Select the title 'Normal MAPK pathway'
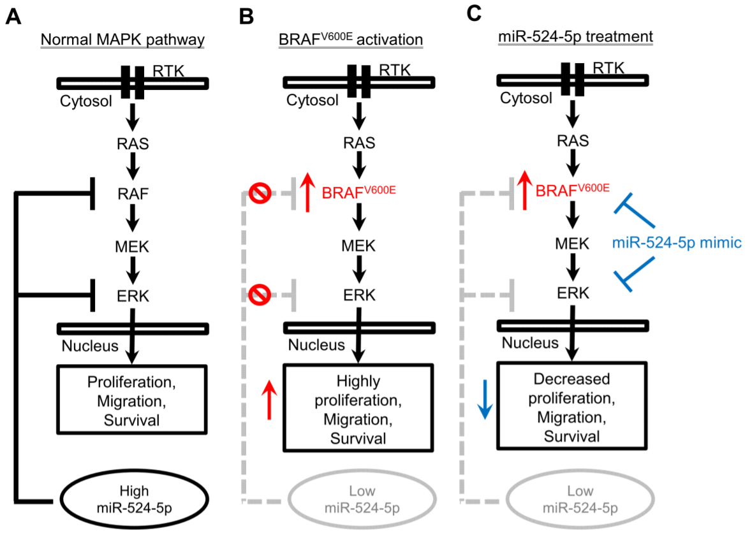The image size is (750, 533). (x=122, y=40)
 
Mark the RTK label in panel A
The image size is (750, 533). (x=169, y=71)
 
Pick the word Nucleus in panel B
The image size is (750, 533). (x=316, y=345)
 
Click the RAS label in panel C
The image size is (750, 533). (x=573, y=141)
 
